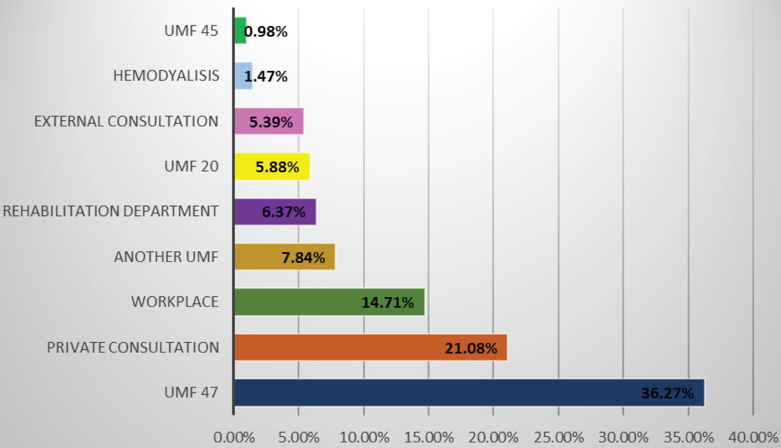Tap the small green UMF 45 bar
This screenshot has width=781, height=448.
point(240,31)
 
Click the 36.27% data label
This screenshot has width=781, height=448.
point(667,393)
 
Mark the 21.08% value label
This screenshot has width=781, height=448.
point(471,348)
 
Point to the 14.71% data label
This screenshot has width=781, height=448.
point(388,303)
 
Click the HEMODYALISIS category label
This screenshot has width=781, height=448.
point(166,76)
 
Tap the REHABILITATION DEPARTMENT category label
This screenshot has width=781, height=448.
point(110,211)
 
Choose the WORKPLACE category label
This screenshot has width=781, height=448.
point(174,302)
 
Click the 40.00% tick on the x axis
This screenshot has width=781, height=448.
point(753,438)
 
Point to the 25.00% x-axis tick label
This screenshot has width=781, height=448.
point(558,438)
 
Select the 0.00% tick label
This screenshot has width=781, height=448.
point(234,438)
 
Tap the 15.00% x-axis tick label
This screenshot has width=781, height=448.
point(429,438)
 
